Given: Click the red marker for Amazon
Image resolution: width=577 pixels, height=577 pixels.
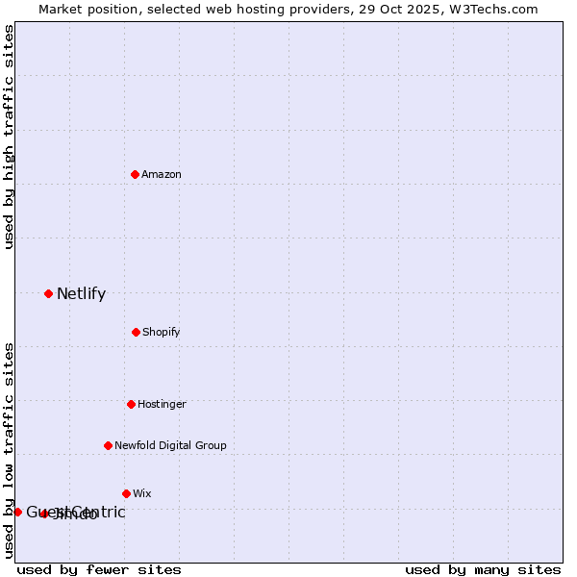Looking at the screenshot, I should coord(135,174).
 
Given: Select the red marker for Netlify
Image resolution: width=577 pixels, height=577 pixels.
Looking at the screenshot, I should coord(48,293).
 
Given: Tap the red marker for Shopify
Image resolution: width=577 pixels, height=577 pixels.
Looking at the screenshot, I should coord(136,332).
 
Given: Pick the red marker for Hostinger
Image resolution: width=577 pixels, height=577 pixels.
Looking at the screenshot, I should coord(131,404).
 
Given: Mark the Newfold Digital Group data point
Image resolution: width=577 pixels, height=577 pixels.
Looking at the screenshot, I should coord(108,445).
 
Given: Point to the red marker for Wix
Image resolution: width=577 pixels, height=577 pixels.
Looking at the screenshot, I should coord(126,493).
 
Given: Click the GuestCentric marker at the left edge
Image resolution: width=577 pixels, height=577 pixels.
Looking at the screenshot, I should coord(17,512).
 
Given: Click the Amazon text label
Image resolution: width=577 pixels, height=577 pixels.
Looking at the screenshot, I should coord(162,174).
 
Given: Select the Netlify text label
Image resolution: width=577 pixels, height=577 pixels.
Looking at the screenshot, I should coord(81,294).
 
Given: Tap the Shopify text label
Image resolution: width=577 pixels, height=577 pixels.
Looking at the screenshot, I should coord(161,332).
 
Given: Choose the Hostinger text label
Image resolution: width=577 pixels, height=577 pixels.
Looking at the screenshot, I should coord(162,404).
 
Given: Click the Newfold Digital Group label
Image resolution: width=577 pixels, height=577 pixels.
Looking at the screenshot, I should coord(170,445).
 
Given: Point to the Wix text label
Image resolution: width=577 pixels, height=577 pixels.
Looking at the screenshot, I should coord(142,493).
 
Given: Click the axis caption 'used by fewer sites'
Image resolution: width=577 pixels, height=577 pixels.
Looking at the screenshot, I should coord(99,569).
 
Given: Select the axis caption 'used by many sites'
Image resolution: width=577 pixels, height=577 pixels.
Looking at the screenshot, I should coord(483,569).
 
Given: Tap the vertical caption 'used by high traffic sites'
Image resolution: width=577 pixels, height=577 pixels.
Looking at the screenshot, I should coord(9,137).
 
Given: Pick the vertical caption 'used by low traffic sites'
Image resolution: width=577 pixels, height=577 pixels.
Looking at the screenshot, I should coord(9,449).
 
